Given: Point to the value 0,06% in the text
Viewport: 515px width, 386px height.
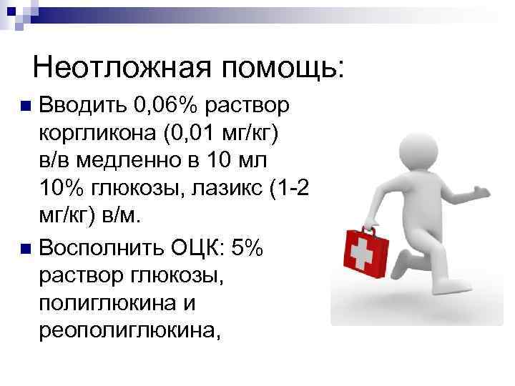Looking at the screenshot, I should click(x=165, y=107).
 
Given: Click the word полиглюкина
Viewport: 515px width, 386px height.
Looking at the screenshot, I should click(x=107, y=303).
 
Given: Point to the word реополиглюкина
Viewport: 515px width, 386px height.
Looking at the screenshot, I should click(x=126, y=330).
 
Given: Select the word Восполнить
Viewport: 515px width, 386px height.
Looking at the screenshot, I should click(x=103, y=249).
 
